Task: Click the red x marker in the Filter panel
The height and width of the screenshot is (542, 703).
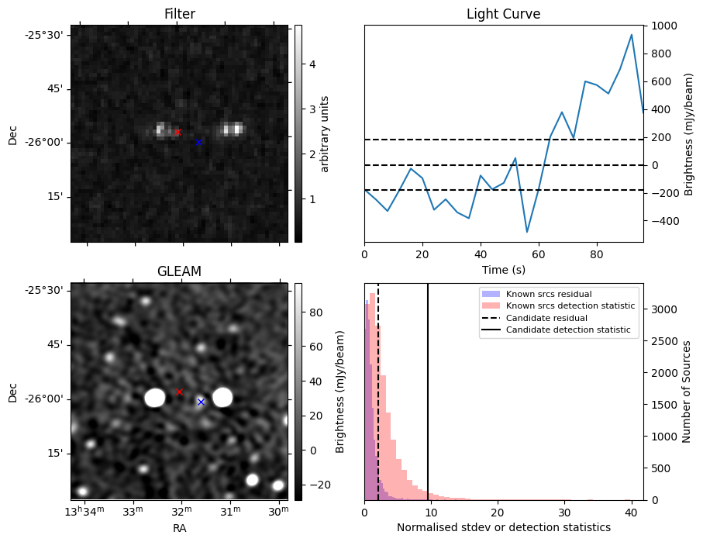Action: pyautogui.click(x=177, y=133)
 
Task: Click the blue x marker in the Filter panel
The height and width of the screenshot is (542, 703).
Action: pyautogui.click(x=198, y=142)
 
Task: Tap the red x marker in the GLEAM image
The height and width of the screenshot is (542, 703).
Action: pyautogui.click(x=179, y=392)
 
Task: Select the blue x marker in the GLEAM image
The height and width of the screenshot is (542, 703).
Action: pyautogui.click(x=201, y=402)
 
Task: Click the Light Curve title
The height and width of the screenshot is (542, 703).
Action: pyautogui.click(x=503, y=15)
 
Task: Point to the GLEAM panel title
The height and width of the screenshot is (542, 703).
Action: pyautogui.click(x=179, y=271)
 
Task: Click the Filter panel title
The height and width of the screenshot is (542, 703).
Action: pyautogui.click(x=179, y=15)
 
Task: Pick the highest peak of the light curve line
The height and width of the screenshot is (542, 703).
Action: pyautogui.click(x=632, y=35)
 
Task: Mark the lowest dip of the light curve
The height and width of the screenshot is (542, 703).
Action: pyautogui.click(x=527, y=232)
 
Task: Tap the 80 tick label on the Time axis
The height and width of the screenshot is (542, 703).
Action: pyautogui.click(x=597, y=254)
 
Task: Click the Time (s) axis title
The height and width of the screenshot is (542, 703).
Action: pyautogui.click(x=503, y=269)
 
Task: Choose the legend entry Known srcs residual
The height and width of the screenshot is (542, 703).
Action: pyautogui.click(x=548, y=294)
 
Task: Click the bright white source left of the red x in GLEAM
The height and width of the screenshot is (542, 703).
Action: pyautogui.click(x=155, y=398)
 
